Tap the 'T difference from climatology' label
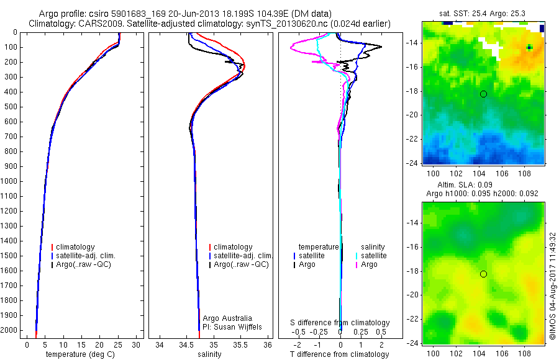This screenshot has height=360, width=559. [340, 354]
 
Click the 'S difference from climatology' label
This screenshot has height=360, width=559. [340, 323]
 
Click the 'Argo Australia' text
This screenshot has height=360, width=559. [227, 318]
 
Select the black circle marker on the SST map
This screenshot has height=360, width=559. [483, 94]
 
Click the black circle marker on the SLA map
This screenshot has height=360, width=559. [483, 274]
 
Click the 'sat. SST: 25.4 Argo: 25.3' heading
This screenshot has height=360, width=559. [483, 12]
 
